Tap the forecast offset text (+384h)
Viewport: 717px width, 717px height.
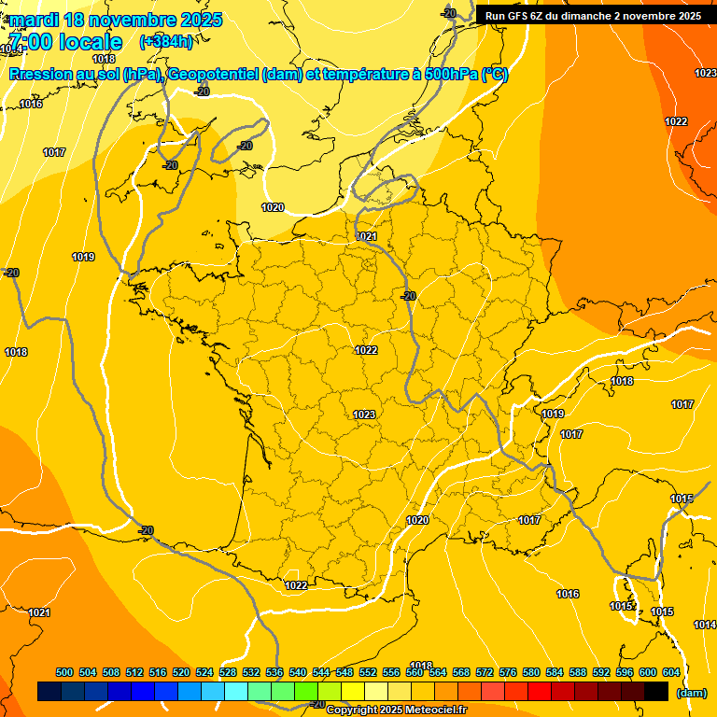pos(166,41)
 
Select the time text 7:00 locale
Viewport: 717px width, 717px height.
pos(64,42)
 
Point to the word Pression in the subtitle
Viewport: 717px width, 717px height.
pos(43,75)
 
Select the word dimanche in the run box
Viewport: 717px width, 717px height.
pos(597,15)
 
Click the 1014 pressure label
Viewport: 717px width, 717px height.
pos(705,625)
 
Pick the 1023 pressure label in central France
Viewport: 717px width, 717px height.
pos(364,415)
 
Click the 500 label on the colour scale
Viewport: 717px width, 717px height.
pos(64,672)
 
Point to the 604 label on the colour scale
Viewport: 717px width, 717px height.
pos(670,672)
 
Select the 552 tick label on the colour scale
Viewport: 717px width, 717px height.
pos(368,672)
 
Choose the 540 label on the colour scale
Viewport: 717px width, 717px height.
pos(298,672)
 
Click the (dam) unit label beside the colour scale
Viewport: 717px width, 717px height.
pos(691,693)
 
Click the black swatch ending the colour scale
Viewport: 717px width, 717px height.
pos(656,691)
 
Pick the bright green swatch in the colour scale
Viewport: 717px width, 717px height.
pos(306,691)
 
